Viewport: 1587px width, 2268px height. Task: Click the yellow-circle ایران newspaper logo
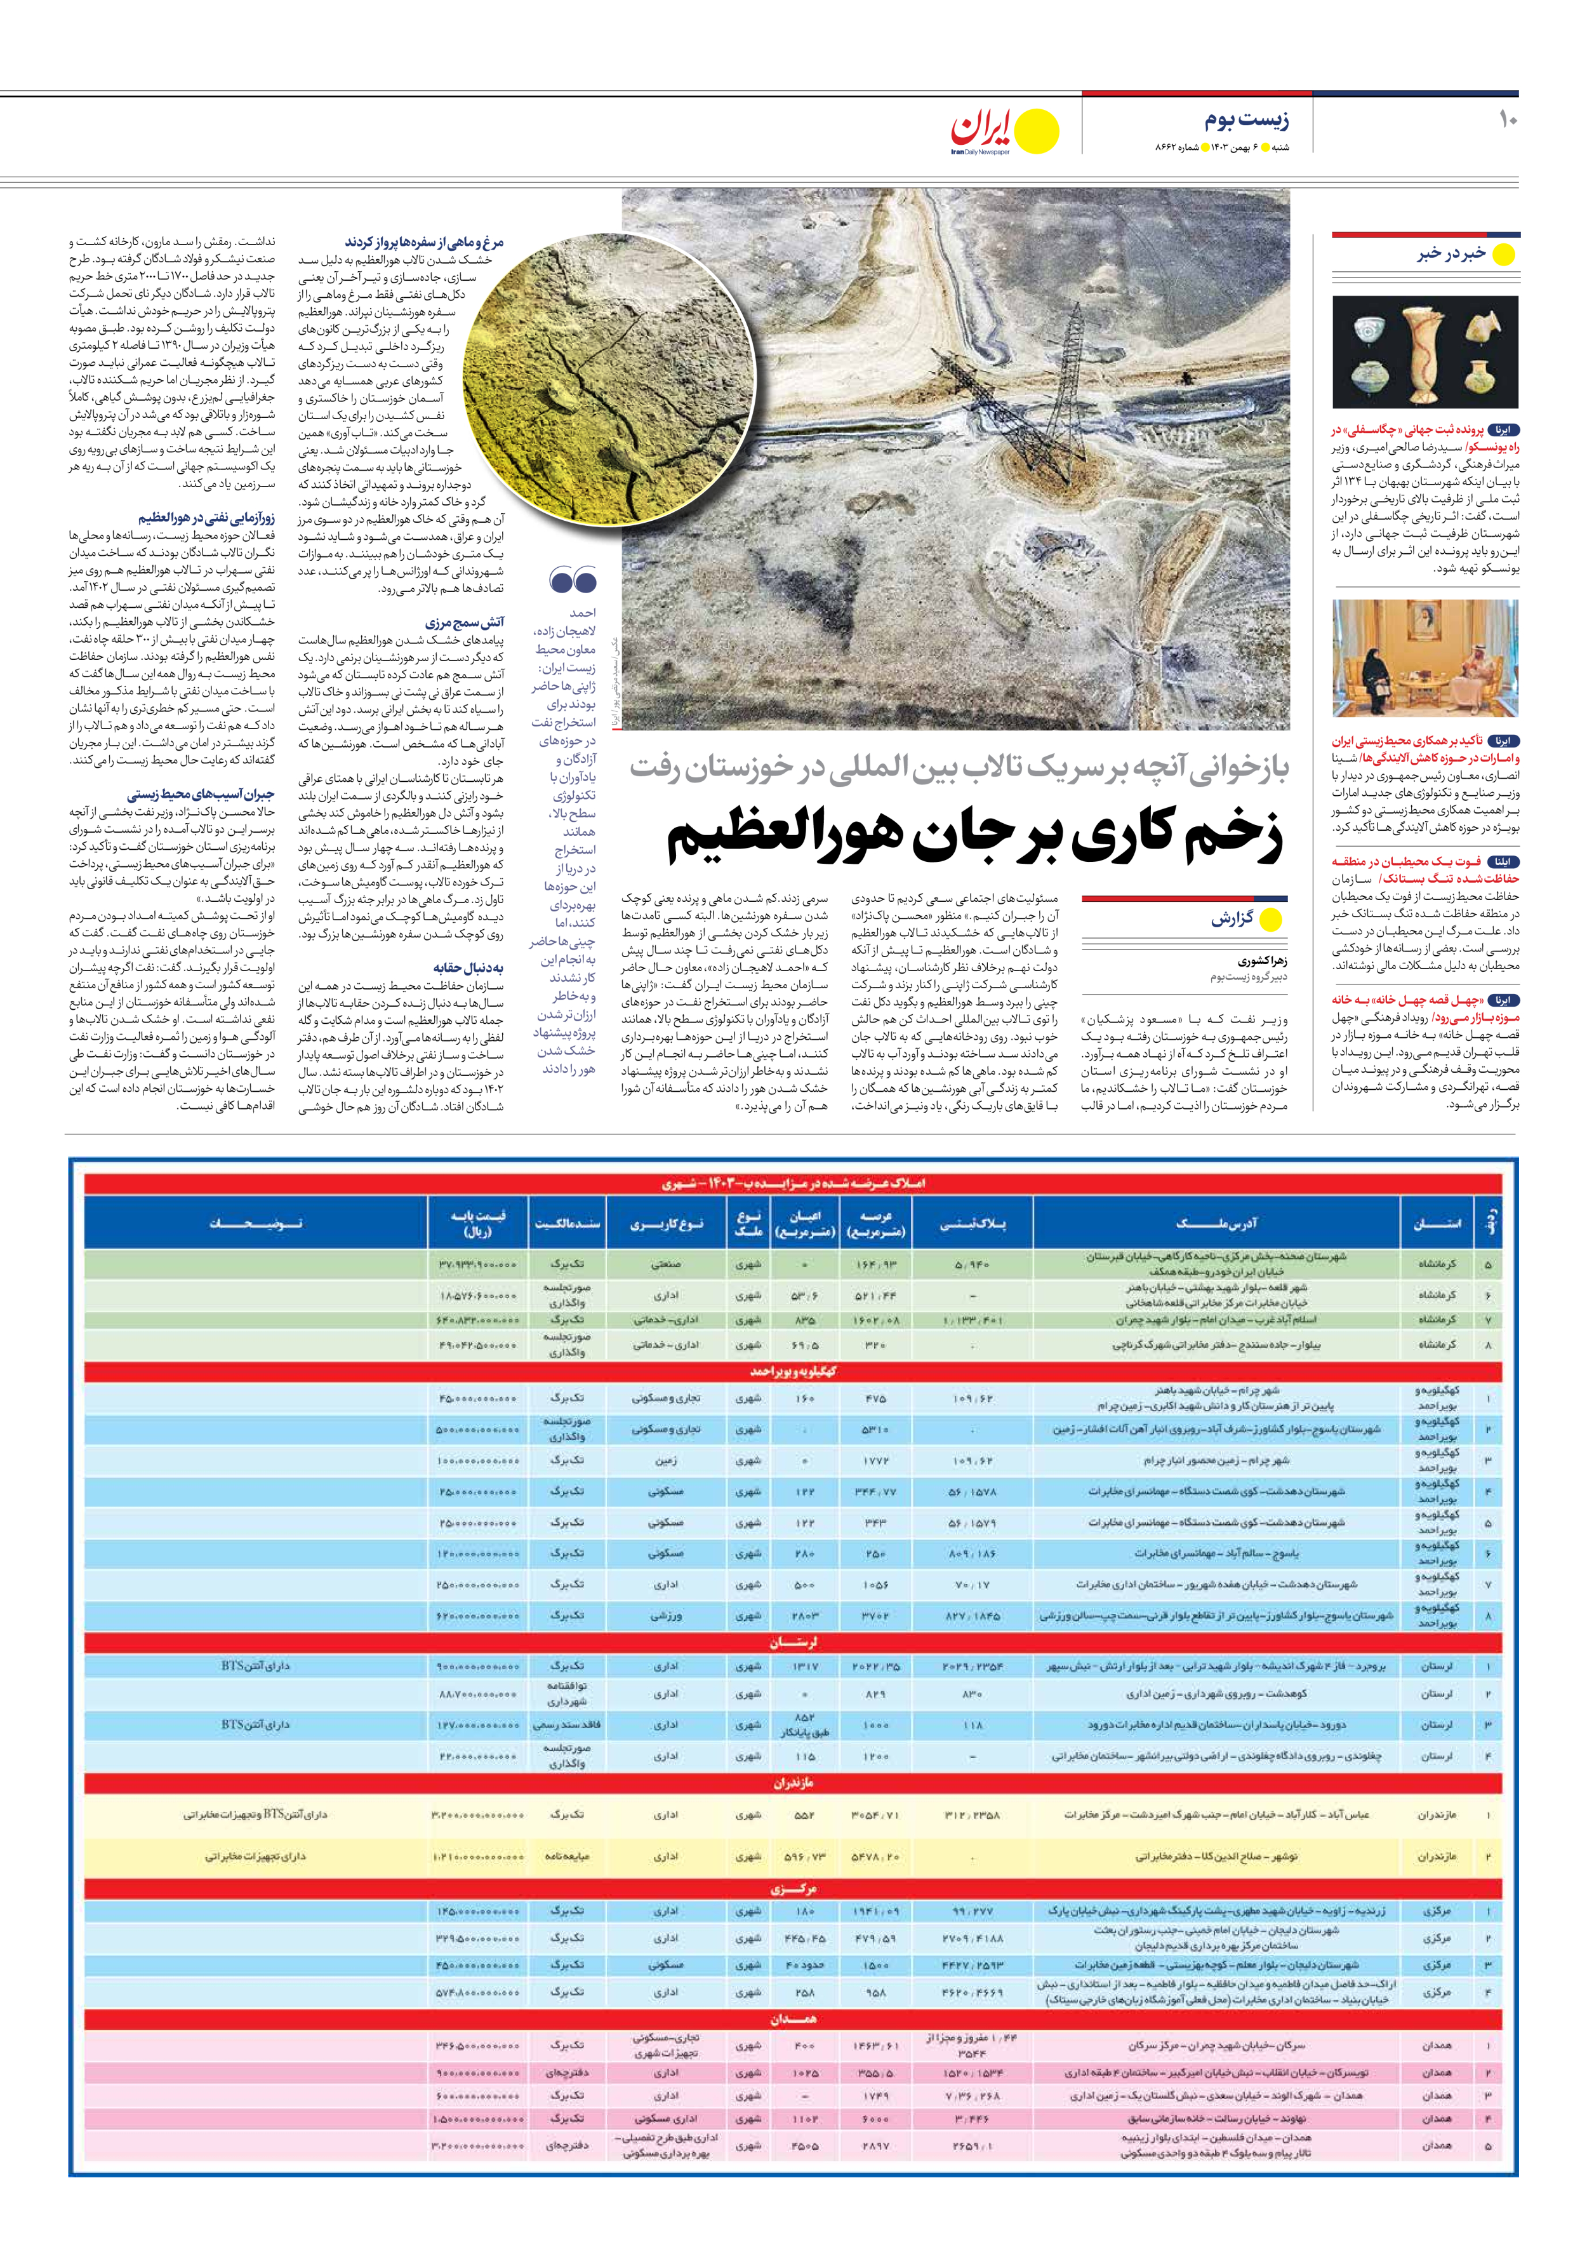tap(1004, 131)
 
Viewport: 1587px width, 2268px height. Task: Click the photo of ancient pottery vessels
tap(1425, 352)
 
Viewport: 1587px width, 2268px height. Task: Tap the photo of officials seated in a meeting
tap(1425, 659)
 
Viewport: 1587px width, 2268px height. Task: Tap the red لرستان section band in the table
tap(793, 1642)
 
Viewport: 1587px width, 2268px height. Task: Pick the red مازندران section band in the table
tap(793, 1784)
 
